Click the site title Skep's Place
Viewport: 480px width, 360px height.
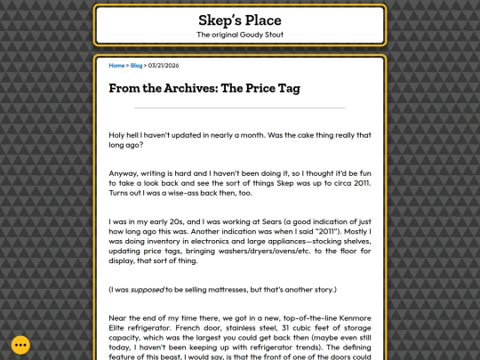[x=239, y=20]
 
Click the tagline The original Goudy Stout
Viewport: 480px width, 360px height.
[x=239, y=35]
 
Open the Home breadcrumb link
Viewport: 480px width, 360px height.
[x=116, y=66]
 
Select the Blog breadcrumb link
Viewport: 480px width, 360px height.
[x=136, y=66]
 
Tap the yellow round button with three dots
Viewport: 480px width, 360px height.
[x=21, y=345]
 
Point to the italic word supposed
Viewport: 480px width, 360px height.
[x=151, y=289]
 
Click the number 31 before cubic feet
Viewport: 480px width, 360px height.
[x=302, y=328]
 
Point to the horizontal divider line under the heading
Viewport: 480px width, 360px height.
[x=239, y=108]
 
